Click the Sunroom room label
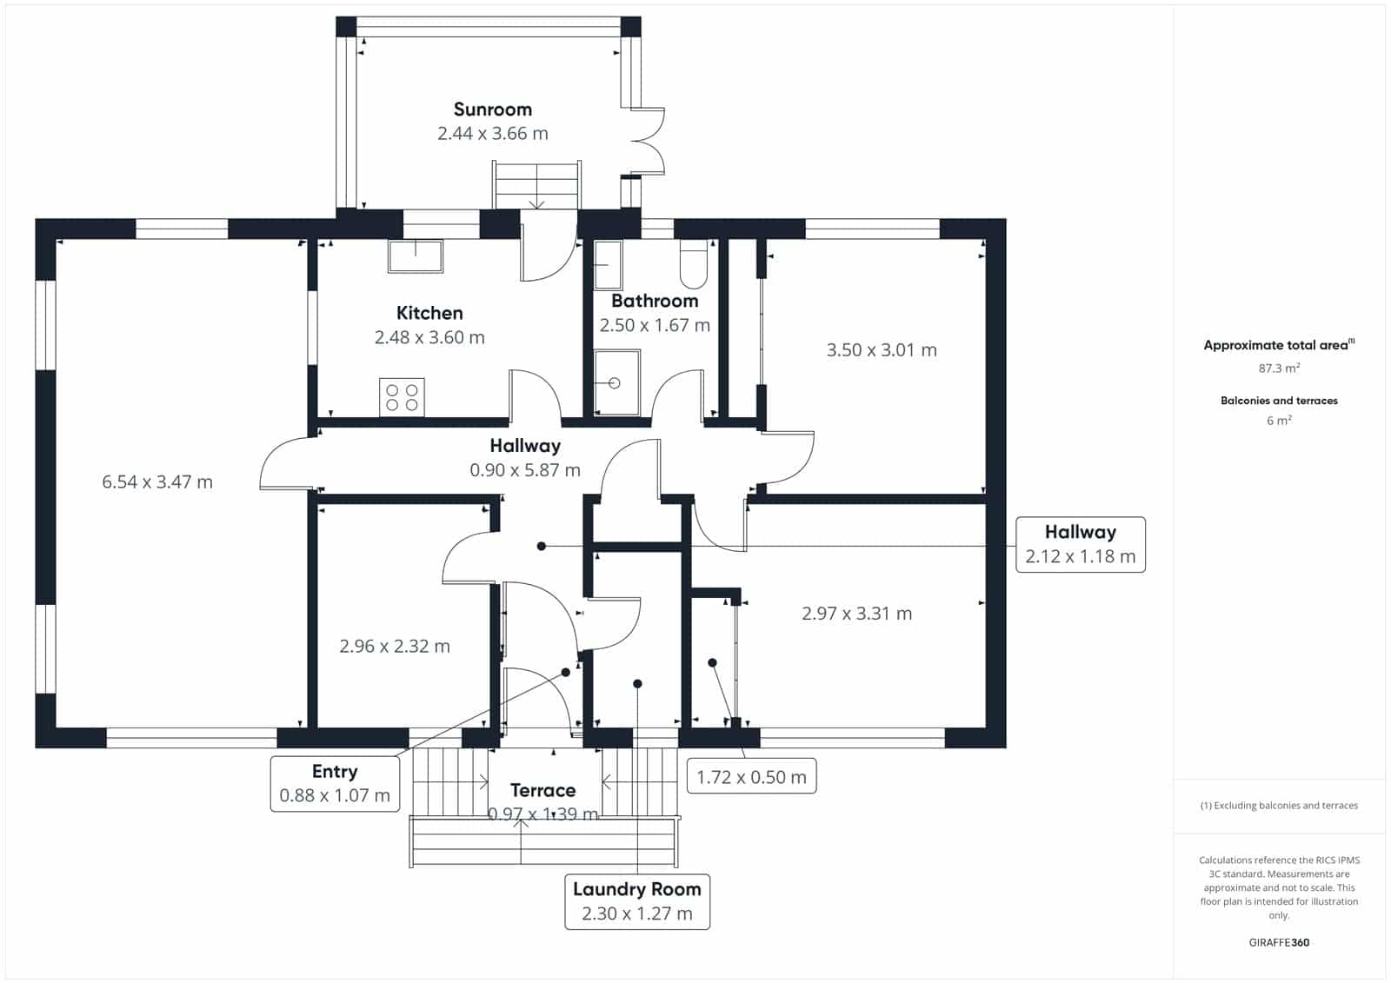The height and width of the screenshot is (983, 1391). (492, 110)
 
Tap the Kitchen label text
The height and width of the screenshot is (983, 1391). (429, 313)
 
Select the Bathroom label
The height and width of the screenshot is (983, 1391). (655, 302)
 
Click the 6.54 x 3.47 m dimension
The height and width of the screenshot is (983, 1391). (157, 482)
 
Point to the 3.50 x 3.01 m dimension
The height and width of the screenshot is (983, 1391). (882, 350)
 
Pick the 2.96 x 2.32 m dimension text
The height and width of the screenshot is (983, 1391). (395, 647)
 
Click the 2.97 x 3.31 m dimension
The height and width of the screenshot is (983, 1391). (856, 614)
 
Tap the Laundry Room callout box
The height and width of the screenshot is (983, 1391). (637, 901)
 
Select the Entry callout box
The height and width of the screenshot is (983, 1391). (335, 784)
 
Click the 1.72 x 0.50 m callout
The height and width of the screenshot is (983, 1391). (751, 775)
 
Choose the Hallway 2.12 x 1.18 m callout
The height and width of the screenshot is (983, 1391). (1081, 545)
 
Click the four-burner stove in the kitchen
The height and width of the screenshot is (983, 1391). (402, 397)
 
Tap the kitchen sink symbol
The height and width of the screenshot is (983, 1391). (416, 256)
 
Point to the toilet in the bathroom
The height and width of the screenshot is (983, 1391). (694, 264)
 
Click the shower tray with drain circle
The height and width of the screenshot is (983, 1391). (616, 382)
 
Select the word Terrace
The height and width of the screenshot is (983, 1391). (542, 791)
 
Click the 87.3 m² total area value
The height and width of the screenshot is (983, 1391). (1279, 369)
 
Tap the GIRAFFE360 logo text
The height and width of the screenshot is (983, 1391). (1279, 943)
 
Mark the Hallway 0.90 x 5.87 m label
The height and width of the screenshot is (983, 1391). (525, 458)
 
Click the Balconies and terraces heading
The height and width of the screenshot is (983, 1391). (1279, 402)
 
